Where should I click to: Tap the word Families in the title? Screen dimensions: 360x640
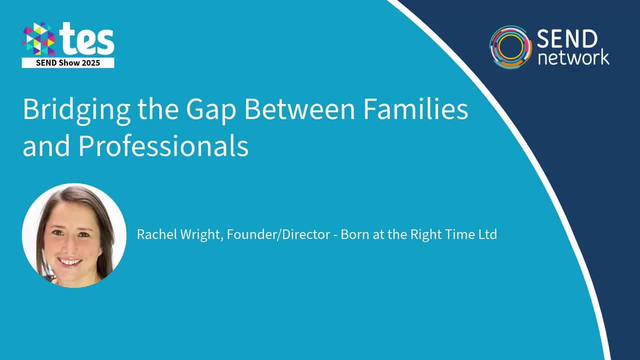pyautogui.click(x=415, y=109)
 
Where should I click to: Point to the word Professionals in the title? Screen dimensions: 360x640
pyautogui.click(x=163, y=146)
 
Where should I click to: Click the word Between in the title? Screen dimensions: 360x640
pyautogui.click(x=299, y=109)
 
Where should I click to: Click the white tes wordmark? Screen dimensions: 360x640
pyautogui.click(x=86, y=39)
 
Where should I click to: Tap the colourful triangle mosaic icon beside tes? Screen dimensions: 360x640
pyautogui.click(x=38, y=39)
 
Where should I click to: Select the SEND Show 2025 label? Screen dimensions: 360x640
pyautogui.click(x=68, y=63)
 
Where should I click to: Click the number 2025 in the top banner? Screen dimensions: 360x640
pyautogui.click(x=90, y=63)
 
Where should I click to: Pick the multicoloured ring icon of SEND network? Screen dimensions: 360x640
pyautogui.click(x=510, y=47)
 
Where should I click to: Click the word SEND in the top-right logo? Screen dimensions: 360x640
pyautogui.click(x=567, y=39)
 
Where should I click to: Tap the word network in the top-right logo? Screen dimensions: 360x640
pyautogui.click(x=573, y=57)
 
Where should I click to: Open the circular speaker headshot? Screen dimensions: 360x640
pyautogui.click(x=74, y=235)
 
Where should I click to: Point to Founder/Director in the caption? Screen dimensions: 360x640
pyautogui.click(x=278, y=234)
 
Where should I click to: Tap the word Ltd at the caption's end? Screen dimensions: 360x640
pyautogui.click(x=487, y=234)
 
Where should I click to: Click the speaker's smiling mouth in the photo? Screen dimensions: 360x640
pyautogui.click(x=70, y=261)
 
